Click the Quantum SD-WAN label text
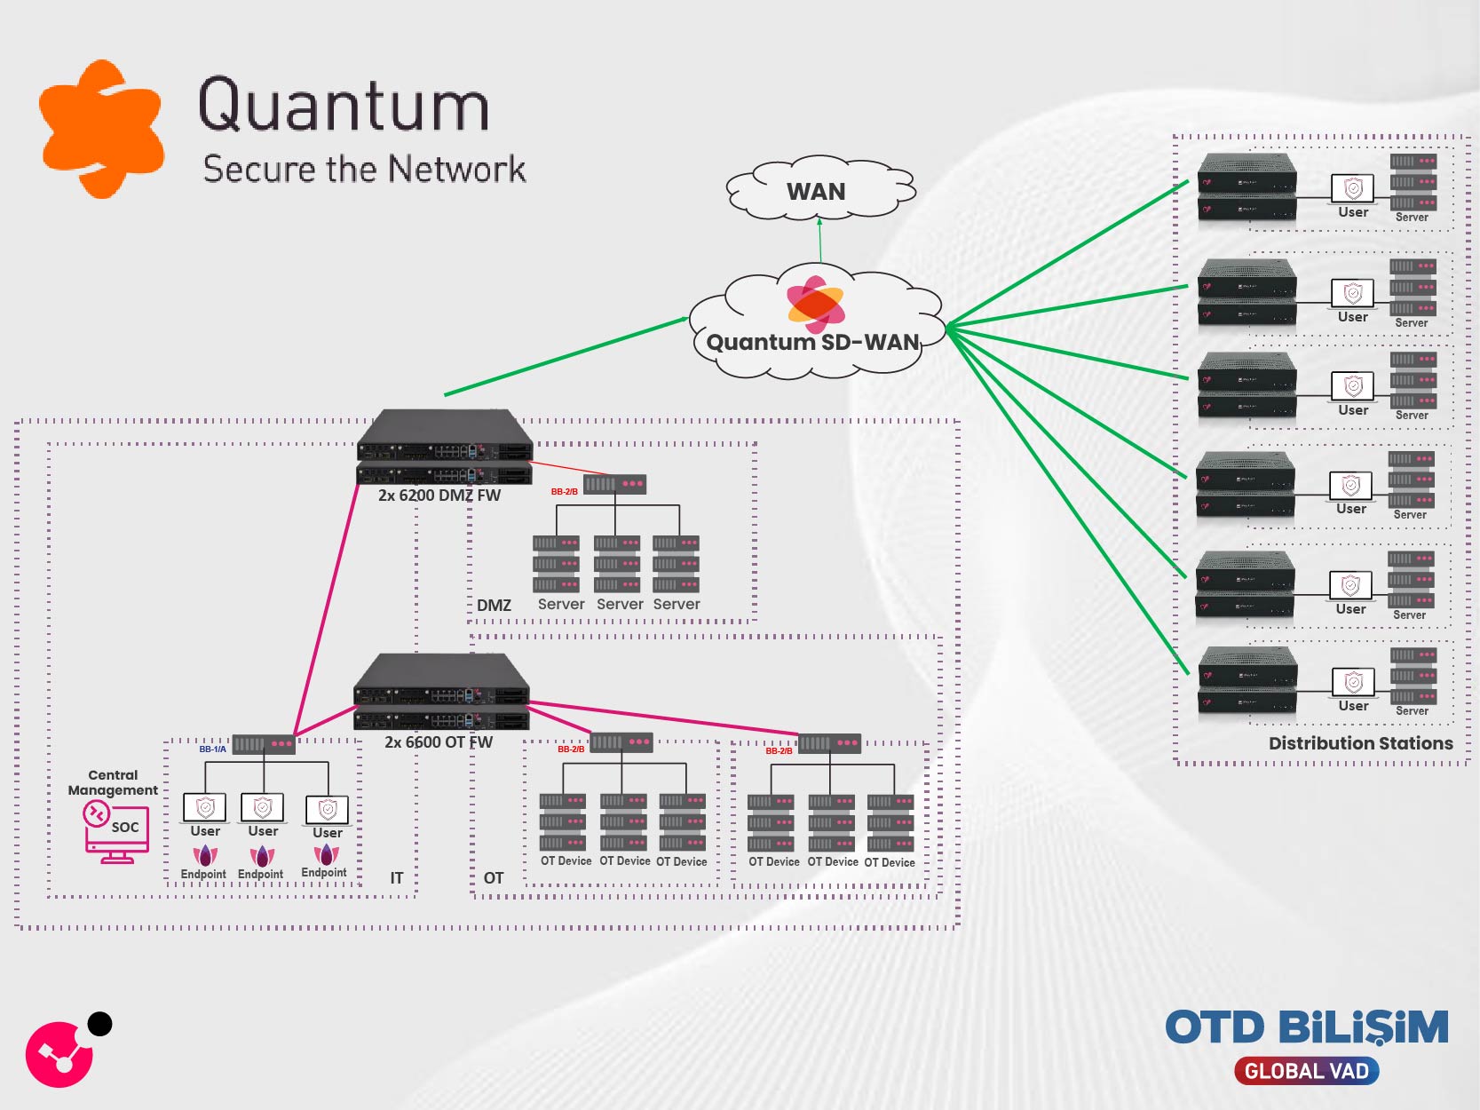coord(812,343)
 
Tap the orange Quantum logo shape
coord(100,129)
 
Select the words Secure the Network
coord(364,169)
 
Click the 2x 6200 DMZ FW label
coord(439,496)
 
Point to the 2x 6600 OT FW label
coord(438,742)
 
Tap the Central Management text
coord(113,782)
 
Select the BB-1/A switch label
coord(212,749)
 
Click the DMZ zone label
coord(494,606)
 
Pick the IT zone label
coord(397,878)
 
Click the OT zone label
coord(494,878)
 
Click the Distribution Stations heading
coord(1360,743)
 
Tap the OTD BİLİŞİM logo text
coord(1306,1028)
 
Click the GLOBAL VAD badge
coord(1306,1071)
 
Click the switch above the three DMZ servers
coord(614,484)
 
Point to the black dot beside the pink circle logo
coord(100,1024)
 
